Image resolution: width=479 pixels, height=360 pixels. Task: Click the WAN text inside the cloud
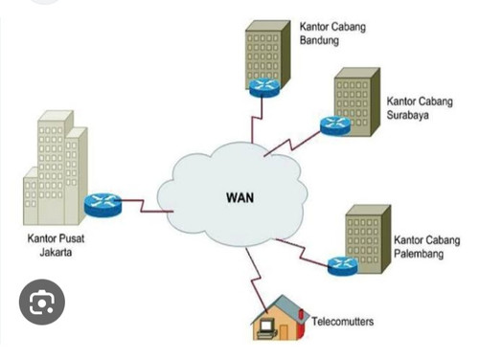pos(240,197)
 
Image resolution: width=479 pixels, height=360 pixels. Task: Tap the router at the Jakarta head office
pos(103,205)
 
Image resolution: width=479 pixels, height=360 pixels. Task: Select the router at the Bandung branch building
pos(264,88)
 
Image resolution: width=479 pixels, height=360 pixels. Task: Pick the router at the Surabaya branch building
pos(335,125)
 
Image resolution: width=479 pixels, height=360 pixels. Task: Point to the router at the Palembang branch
pos(343,266)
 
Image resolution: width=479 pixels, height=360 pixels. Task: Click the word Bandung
pos(319,40)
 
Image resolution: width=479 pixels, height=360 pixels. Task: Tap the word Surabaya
pos(407,115)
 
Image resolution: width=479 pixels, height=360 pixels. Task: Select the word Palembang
pos(419,254)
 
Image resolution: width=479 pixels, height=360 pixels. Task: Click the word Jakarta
pos(56,252)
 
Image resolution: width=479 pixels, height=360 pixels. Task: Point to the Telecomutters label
pos(342,321)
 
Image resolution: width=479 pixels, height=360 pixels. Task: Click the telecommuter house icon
pos(280,318)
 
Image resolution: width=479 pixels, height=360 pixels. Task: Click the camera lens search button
pos(42,302)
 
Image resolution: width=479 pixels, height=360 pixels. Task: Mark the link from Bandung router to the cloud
pos(258,119)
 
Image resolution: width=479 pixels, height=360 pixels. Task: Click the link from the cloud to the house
pos(257,281)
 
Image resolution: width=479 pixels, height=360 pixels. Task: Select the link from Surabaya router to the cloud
pos(292,144)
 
